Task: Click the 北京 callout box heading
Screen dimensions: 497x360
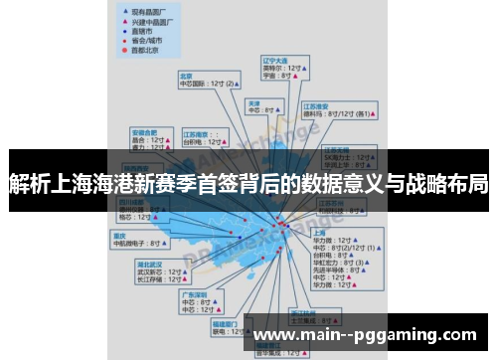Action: [186, 75]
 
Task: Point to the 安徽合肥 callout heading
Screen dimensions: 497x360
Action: [145, 131]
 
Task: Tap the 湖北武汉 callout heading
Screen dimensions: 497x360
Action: [150, 265]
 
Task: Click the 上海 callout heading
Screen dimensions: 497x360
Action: [321, 232]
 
